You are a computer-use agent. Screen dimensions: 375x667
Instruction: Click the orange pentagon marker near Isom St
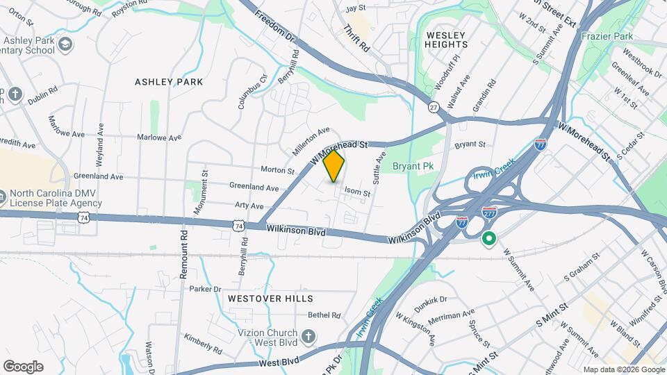(334, 167)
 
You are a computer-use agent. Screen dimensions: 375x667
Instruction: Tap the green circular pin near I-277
(488, 240)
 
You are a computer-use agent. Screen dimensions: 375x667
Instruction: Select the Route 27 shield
(434, 108)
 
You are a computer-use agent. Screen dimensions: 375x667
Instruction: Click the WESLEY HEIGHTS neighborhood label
(445, 40)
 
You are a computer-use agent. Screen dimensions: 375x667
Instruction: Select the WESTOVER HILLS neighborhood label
(270, 299)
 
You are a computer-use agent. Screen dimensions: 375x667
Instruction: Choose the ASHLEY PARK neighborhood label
(169, 82)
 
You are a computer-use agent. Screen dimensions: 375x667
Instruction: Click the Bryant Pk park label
(412, 167)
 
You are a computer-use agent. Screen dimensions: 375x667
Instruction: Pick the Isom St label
(357, 192)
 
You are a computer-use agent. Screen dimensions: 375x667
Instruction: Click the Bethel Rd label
(324, 315)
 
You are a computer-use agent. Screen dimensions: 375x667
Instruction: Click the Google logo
(23, 367)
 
